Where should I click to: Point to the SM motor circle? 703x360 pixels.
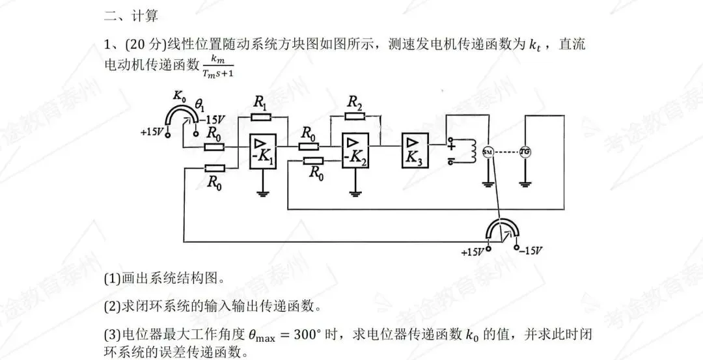(488, 151)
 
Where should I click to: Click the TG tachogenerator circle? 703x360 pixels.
(525, 151)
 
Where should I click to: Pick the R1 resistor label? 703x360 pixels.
(260, 102)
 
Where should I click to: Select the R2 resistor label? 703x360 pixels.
(354, 102)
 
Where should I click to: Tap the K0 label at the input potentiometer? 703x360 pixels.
(180, 95)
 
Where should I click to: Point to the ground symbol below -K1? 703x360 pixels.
(262, 191)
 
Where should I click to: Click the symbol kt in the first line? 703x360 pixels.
(535, 45)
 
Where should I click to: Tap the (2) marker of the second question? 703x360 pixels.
(112, 306)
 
